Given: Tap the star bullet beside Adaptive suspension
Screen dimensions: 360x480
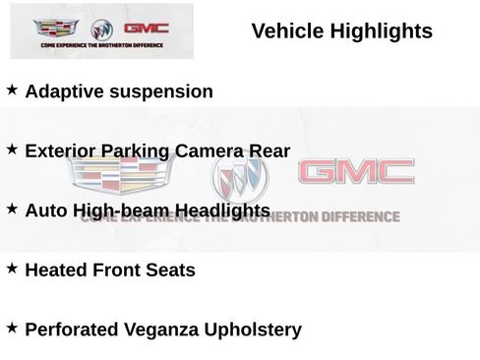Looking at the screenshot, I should [13, 90].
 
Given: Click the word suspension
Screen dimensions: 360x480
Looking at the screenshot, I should [164, 92].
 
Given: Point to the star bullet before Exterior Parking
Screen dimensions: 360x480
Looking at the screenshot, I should [13, 150].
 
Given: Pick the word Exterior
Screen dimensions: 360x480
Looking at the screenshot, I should [64, 151].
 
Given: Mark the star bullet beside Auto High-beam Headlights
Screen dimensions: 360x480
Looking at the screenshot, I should [13, 209].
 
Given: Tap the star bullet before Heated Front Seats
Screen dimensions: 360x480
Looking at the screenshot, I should [13, 268].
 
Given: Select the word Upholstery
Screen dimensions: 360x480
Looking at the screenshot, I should [253, 330].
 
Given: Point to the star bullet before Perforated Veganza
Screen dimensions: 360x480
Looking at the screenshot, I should [13, 328].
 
